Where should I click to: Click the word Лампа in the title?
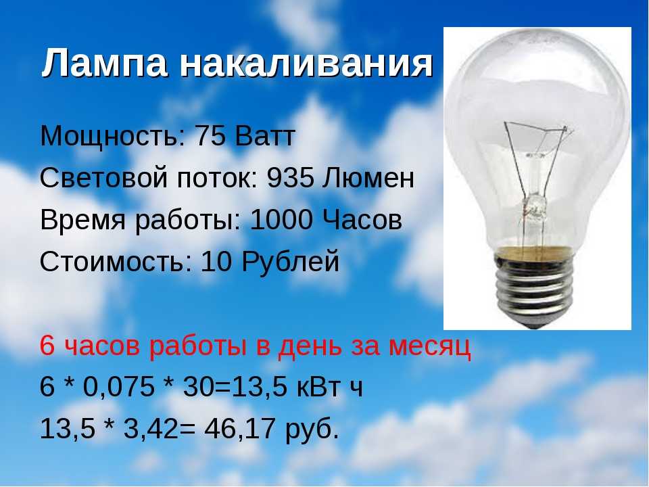pyautogui.click(x=104, y=64)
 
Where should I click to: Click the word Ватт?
pyautogui.click(x=265, y=136)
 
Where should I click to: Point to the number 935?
pyautogui.click(x=290, y=178)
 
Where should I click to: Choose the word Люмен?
pyautogui.click(x=368, y=178)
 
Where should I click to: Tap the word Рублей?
pyautogui.click(x=291, y=262)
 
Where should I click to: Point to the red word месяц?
pyautogui.click(x=430, y=347)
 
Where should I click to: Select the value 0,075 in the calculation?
pyautogui.click(x=119, y=387)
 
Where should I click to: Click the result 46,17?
pyautogui.click(x=239, y=429)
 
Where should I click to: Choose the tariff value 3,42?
pyautogui.click(x=151, y=429)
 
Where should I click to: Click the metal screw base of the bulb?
pyautogui.click(x=535, y=285)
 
